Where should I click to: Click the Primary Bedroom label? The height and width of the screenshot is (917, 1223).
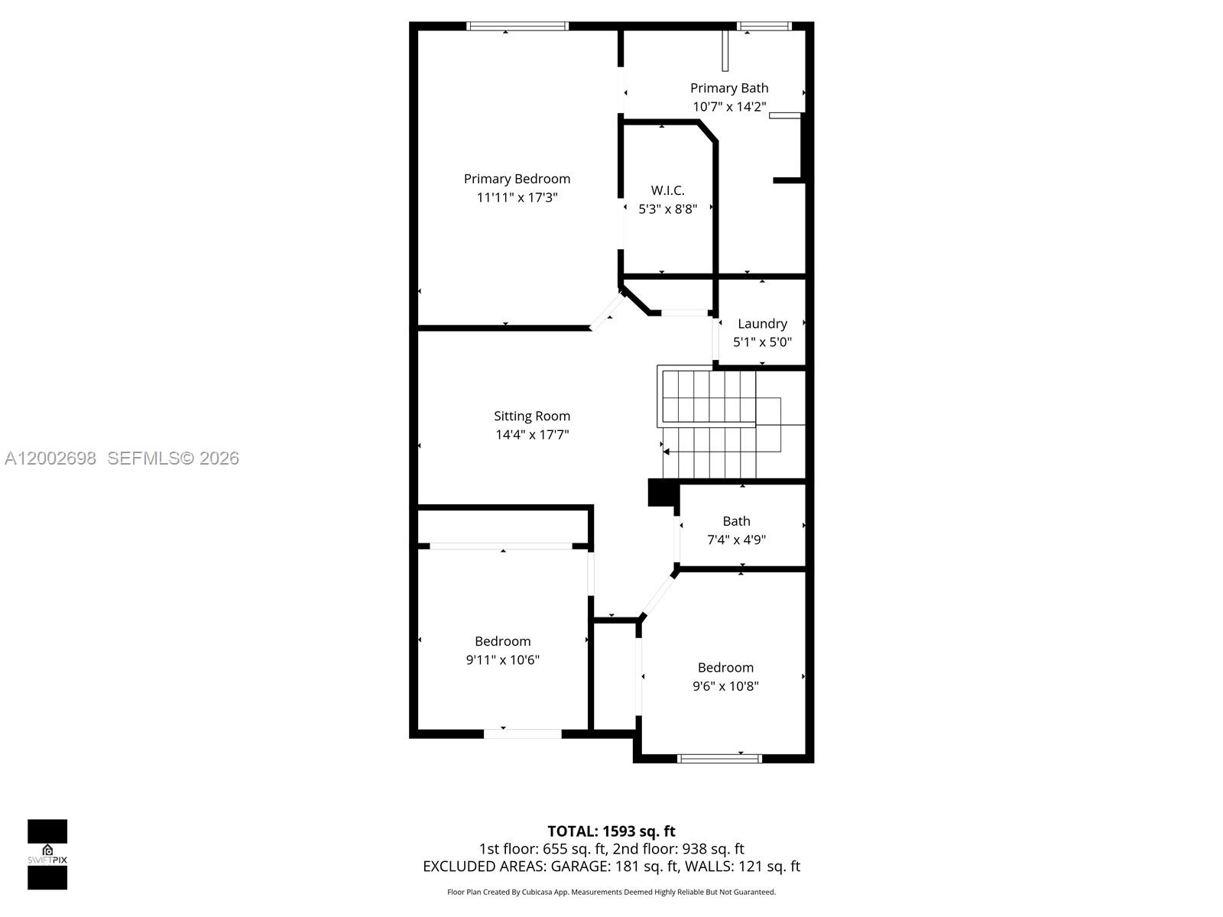(517, 179)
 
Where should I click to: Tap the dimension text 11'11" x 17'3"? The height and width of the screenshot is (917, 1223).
(517, 197)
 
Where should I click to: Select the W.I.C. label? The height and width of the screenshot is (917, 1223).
(667, 190)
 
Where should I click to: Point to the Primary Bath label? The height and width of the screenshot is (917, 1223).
(729, 88)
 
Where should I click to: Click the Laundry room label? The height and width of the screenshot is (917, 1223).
(762, 323)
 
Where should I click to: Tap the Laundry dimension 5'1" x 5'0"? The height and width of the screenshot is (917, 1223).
(762, 342)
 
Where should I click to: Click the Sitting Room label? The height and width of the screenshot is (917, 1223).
(532, 416)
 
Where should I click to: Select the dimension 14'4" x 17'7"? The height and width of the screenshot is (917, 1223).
(532, 435)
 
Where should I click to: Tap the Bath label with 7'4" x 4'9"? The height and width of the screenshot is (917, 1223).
(736, 521)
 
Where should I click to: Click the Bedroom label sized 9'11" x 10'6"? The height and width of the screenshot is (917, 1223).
(502, 641)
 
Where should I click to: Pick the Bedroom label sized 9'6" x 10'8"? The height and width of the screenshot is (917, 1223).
(725, 667)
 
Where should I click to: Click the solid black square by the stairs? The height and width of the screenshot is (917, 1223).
(660, 492)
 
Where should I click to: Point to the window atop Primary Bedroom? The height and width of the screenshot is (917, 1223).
(517, 26)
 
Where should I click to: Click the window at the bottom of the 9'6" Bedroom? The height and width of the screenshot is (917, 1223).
(720, 758)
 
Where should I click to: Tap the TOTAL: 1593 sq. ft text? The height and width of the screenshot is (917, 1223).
(611, 831)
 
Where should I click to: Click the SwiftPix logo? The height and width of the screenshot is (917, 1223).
(47, 854)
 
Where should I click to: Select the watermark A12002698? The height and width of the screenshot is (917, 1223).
(50, 458)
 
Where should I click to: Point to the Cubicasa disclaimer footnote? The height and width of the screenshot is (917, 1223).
(611, 892)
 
